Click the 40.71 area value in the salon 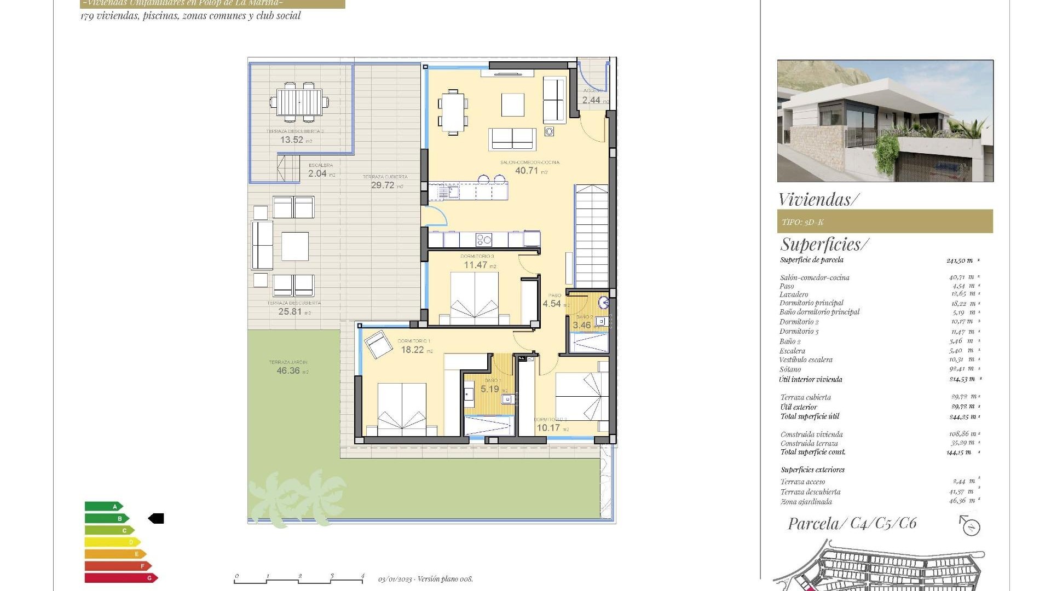527,171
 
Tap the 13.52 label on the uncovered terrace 292,140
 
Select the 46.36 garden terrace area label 288,371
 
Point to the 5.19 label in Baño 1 490,389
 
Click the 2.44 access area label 591,101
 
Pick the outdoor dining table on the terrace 299,102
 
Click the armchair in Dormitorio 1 377,344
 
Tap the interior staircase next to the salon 591,235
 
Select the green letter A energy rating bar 103,507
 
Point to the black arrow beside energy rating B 156,518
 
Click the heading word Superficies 823,244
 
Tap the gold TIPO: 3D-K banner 885,222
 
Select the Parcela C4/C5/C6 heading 852,524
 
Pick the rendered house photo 885,121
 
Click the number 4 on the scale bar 362,576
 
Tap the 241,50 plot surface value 959,260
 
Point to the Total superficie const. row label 813,452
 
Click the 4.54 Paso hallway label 552,304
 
